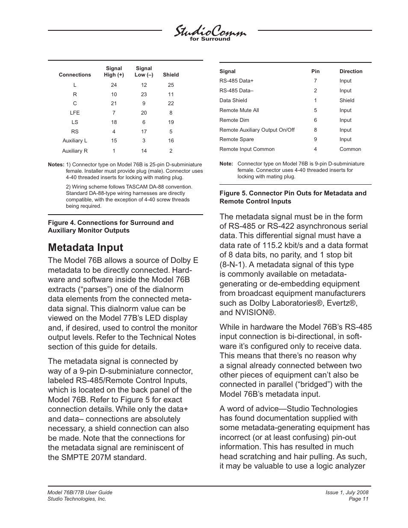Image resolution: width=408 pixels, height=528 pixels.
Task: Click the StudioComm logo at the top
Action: click(x=210, y=32)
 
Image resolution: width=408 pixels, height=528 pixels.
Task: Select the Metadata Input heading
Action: click(x=86, y=248)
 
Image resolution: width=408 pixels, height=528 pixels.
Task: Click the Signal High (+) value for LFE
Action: click(x=114, y=113)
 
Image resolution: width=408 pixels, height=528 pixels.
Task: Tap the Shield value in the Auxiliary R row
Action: click(x=171, y=151)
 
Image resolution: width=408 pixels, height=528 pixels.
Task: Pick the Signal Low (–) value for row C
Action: click(x=144, y=103)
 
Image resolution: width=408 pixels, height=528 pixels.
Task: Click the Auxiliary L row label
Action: click(x=75, y=141)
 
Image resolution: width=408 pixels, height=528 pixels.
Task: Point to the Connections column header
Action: click(x=75, y=75)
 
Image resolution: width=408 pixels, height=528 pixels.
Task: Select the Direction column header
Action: click(x=351, y=71)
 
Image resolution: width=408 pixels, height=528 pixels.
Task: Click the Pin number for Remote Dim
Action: click(x=315, y=120)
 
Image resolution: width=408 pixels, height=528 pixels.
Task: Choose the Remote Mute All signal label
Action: click(x=239, y=110)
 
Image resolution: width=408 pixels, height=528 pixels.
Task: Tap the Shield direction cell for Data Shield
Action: click(x=346, y=100)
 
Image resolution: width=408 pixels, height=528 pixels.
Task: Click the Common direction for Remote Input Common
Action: click(x=350, y=149)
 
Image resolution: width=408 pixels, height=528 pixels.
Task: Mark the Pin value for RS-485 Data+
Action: click(x=315, y=81)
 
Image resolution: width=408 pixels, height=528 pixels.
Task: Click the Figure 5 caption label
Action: click(x=293, y=197)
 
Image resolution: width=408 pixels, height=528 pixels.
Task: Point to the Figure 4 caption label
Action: click(x=111, y=227)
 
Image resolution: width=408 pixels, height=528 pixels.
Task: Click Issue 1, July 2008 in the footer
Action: click(x=347, y=493)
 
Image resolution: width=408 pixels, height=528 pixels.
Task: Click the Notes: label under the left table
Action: click(x=56, y=165)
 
